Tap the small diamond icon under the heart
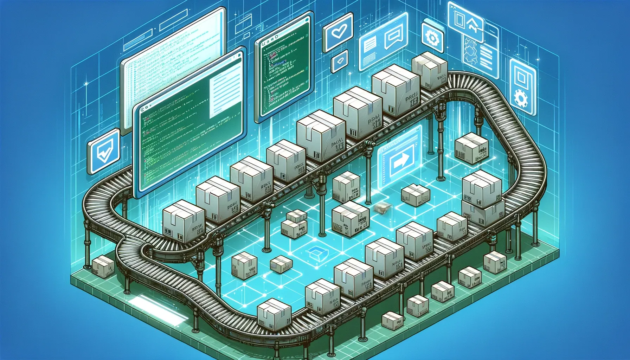point(340,61)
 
